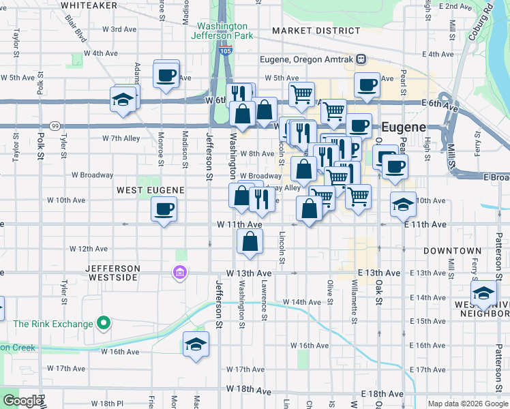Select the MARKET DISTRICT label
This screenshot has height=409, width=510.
pos(316,31)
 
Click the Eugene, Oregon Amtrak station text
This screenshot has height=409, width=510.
pos(307,59)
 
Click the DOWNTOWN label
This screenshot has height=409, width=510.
pos(448,251)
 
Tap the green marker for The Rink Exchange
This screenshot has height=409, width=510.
pos(104,322)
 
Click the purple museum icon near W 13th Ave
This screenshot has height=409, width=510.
pos(180,273)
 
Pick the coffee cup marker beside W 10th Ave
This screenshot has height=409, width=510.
pos(163,209)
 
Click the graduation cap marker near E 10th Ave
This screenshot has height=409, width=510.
pos(403,204)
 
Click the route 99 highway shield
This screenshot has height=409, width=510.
pos(54,126)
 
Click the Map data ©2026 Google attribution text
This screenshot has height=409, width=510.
pos(468,404)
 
